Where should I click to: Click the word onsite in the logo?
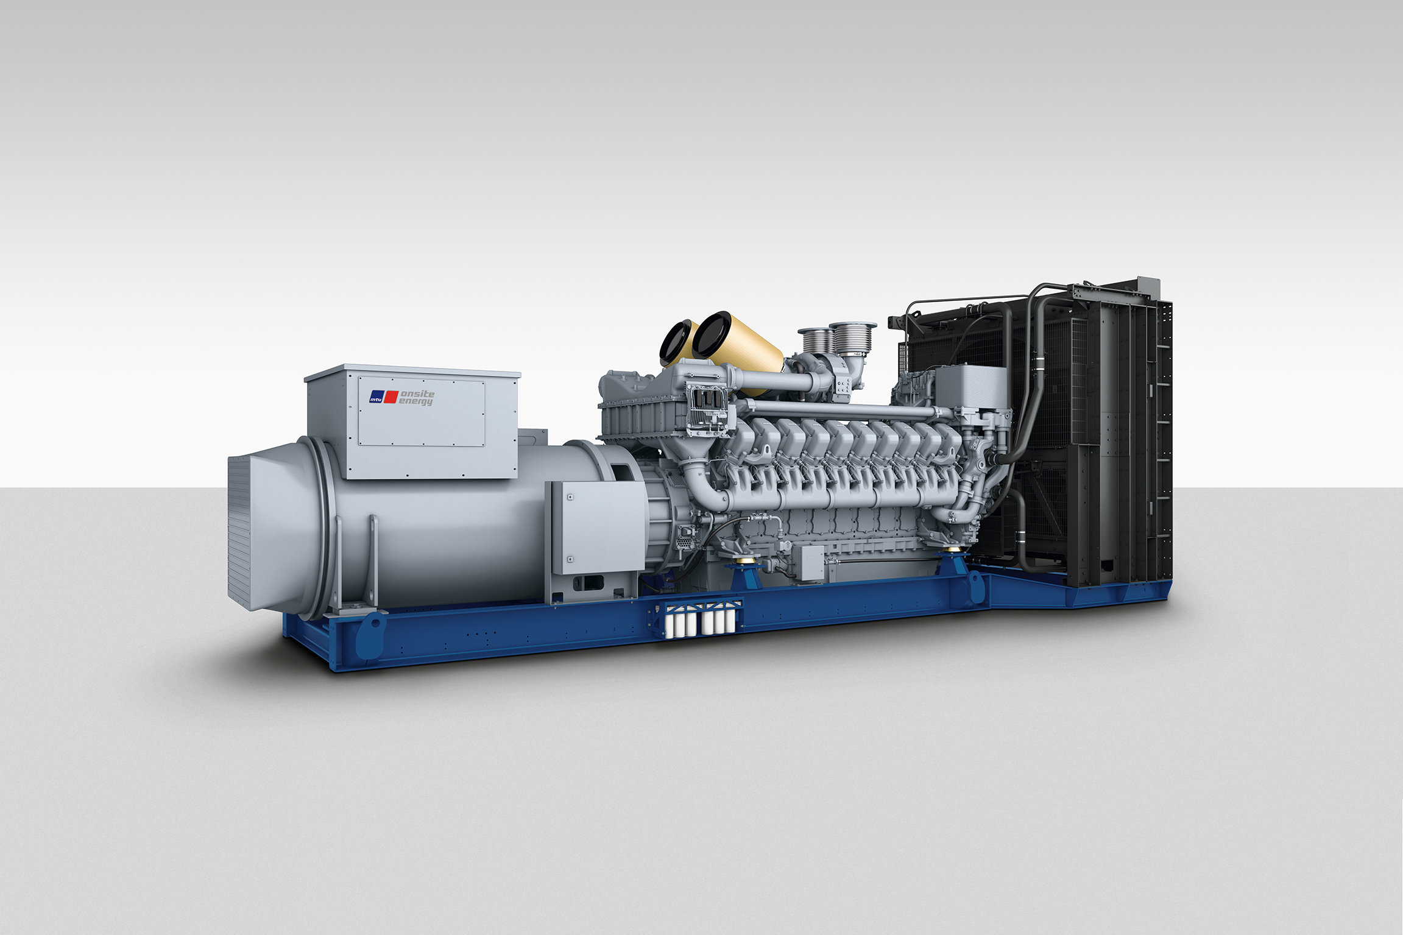point(417,393)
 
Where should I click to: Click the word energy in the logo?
point(415,401)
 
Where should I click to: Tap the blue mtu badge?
point(376,398)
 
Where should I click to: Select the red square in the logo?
point(391,397)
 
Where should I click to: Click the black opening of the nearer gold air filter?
point(712,335)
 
